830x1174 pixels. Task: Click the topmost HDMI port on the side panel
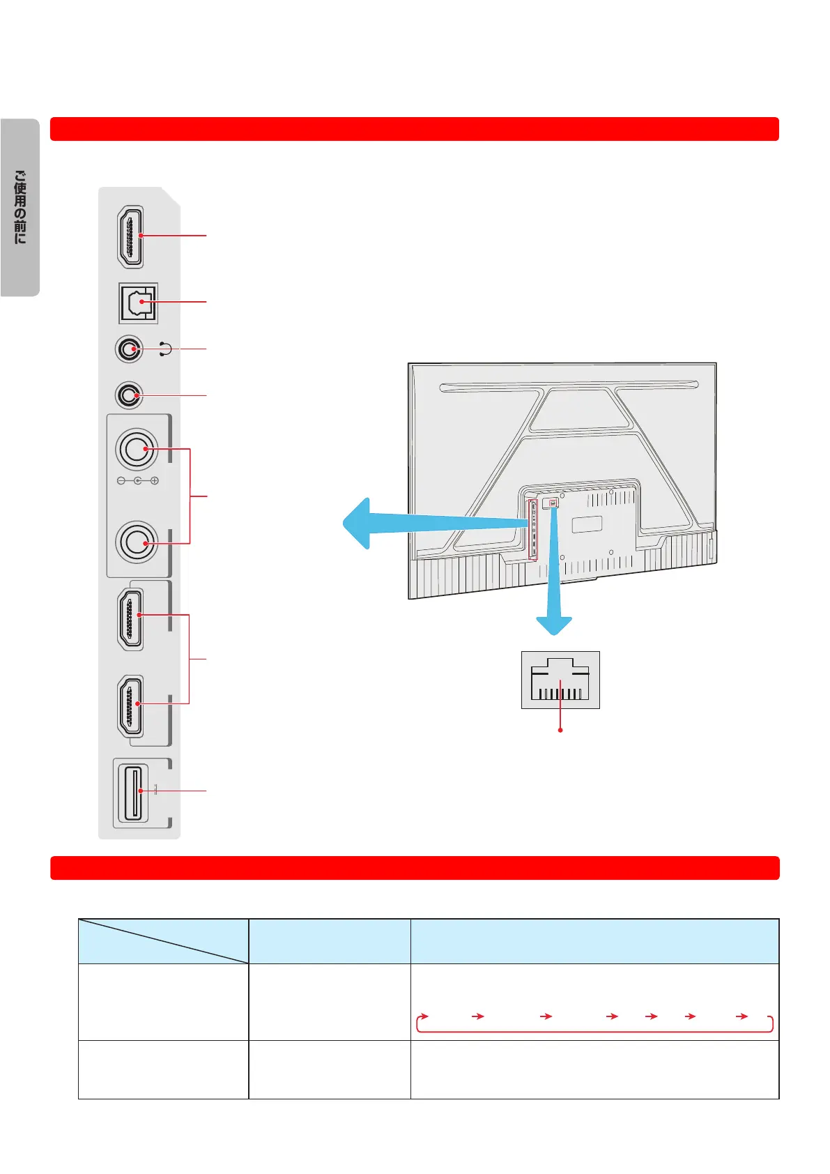[130, 236]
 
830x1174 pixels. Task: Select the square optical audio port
[139, 303]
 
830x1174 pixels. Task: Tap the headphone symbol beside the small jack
[165, 349]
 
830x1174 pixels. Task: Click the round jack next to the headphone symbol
[129, 349]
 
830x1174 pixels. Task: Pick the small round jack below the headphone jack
[128, 395]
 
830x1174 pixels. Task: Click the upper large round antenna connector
[137, 449]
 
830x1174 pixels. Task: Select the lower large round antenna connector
[137, 542]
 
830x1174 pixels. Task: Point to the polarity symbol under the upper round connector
[137, 481]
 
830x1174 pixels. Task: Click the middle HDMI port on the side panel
[131, 618]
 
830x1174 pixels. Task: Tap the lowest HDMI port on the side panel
[131, 705]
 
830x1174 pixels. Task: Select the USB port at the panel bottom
[132, 792]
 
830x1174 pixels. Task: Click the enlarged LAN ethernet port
[560, 680]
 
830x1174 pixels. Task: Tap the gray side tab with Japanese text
[20, 207]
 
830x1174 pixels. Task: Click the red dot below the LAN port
[560, 730]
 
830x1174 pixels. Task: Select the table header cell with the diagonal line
[163, 941]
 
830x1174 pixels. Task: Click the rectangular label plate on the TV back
[587, 524]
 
